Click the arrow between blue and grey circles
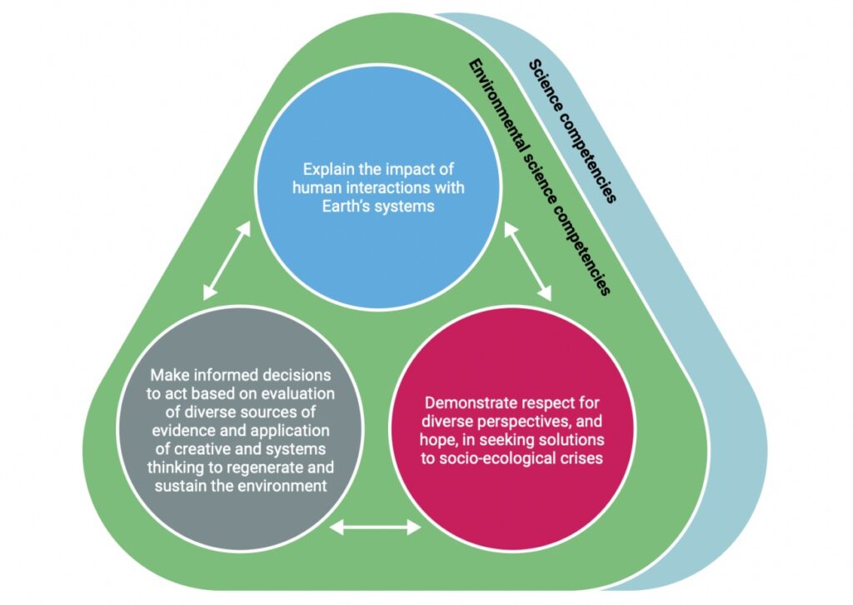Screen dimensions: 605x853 227,259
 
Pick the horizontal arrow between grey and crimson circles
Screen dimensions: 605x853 376,527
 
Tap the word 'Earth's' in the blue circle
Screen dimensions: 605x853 336,206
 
